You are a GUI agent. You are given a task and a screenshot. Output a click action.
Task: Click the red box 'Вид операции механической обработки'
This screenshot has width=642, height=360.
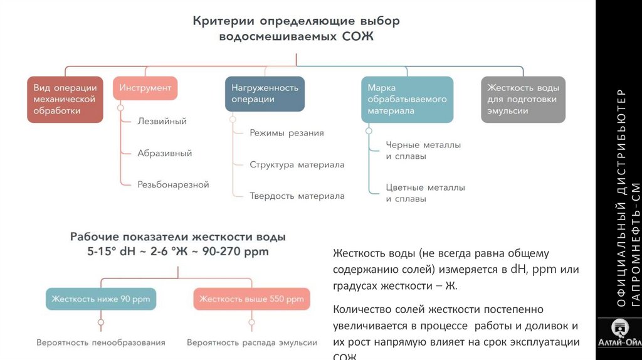(x=65, y=99)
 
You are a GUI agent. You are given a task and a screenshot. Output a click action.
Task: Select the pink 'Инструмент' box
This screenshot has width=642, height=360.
(x=145, y=88)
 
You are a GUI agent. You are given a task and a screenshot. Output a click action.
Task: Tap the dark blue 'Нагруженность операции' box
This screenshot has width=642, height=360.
(x=265, y=93)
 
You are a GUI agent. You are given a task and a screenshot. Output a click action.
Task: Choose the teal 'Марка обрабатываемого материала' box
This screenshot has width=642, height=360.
(x=407, y=99)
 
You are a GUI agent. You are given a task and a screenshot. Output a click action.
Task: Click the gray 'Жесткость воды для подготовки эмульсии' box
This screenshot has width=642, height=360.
(x=523, y=99)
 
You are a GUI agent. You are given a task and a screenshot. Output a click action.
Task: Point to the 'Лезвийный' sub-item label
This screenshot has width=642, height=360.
(x=162, y=121)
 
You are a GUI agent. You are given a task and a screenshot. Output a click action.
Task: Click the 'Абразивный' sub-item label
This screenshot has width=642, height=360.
(x=164, y=153)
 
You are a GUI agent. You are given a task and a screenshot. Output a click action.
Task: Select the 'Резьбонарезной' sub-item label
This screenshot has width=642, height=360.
(x=173, y=185)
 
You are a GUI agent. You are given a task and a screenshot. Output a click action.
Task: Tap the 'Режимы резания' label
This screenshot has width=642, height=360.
(x=287, y=133)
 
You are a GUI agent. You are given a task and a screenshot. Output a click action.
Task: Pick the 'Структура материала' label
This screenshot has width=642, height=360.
(x=297, y=165)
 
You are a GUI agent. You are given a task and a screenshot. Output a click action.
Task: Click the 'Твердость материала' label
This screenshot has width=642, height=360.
(x=297, y=196)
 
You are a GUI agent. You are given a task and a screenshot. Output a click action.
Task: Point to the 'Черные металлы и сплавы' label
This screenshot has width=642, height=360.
(x=423, y=151)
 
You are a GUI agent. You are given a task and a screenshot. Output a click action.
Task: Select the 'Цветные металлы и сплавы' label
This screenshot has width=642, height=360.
(x=425, y=193)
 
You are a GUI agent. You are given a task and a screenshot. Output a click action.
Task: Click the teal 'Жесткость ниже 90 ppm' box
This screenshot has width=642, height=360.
(x=101, y=299)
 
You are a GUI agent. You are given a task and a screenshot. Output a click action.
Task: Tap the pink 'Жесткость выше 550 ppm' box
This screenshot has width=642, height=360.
(x=251, y=299)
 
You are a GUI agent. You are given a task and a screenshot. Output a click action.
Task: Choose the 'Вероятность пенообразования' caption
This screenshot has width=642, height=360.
(x=101, y=343)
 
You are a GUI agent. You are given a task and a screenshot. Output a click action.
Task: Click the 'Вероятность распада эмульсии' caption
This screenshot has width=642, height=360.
(x=252, y=343)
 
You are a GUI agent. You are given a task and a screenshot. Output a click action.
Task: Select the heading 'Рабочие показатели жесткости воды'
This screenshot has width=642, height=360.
(x=178, y=238)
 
